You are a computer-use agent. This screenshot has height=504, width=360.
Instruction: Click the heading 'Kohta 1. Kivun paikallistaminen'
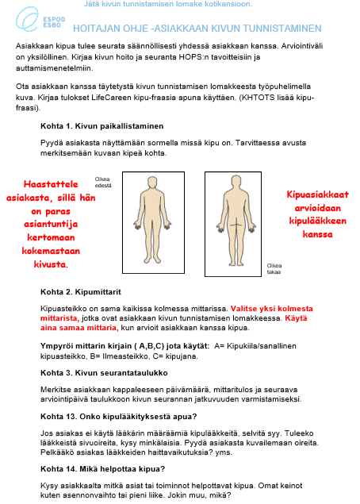click(101, 125)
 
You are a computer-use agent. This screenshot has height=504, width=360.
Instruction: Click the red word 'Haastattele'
click(52, 182)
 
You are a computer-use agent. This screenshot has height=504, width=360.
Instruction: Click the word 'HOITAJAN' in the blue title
click(108, 27)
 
